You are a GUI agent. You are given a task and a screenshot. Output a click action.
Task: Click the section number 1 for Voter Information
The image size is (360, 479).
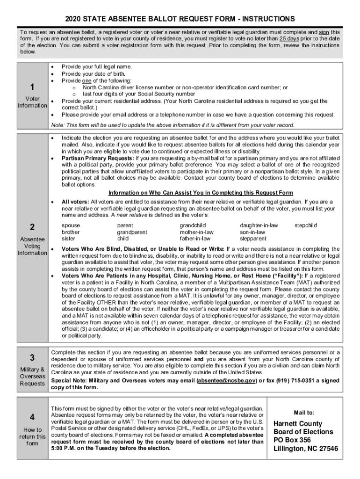pyautogui.click(x=32, y=87)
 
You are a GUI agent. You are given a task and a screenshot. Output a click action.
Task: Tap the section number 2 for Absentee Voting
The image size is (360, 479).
pyautogui.click(x=32, y=227)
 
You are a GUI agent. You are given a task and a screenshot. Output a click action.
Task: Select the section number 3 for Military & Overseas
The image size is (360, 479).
pyautogui.click(x=32, y=358)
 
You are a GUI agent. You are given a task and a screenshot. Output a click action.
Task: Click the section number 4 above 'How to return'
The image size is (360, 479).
pyautogui.click(x=32, y=417)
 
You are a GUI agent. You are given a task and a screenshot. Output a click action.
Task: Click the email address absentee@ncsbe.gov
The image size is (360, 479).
pyautogui.click(x=226, y=381)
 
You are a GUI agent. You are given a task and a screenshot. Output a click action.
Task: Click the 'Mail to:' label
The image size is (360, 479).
pyautogui.click(x=304, y=413)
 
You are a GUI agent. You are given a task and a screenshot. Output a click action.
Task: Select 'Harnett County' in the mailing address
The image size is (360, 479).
pyautogui.click(x=298, y=424)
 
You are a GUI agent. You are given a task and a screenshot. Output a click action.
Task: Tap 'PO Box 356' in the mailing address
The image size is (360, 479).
pyautogui.click(x=292, y=440)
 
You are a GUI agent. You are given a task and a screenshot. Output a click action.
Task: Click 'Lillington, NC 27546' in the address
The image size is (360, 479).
pyautogui.click(x=306, y=449)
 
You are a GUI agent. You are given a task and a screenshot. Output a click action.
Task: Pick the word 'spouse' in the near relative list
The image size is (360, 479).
pyautogui.click(x=71, y=225)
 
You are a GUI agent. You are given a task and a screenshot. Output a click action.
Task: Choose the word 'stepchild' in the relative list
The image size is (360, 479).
pyautogui.click(x=305, y=225)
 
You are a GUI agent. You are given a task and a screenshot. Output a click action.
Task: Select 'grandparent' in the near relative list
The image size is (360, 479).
pyautogui.click(x=132, y=232)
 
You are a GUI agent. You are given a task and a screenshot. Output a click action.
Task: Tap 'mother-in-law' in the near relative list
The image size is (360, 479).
pyautogui.click(x=196, y=232)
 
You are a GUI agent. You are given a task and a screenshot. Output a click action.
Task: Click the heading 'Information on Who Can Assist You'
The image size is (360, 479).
pyautogui.click(x=201, y=193)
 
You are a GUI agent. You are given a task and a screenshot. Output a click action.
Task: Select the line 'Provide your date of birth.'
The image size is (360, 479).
pyautogui.click(x=94, y=74)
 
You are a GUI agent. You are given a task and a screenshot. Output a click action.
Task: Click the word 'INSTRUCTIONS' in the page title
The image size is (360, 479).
pyautogui.click(x=266, y=19)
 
